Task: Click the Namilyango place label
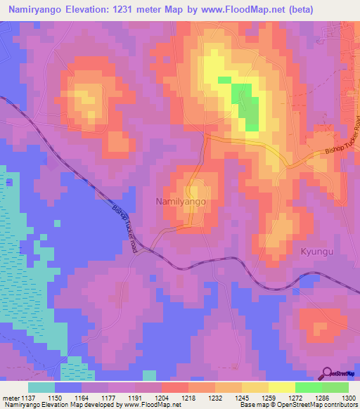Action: point(180,201)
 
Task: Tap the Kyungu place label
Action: point(315,250)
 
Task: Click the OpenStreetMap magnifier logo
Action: point(328,373)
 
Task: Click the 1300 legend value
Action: point(348,398)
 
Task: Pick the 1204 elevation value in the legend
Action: point(161,398)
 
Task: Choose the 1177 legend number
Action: point(108,398)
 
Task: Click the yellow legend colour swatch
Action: point(281,387)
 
